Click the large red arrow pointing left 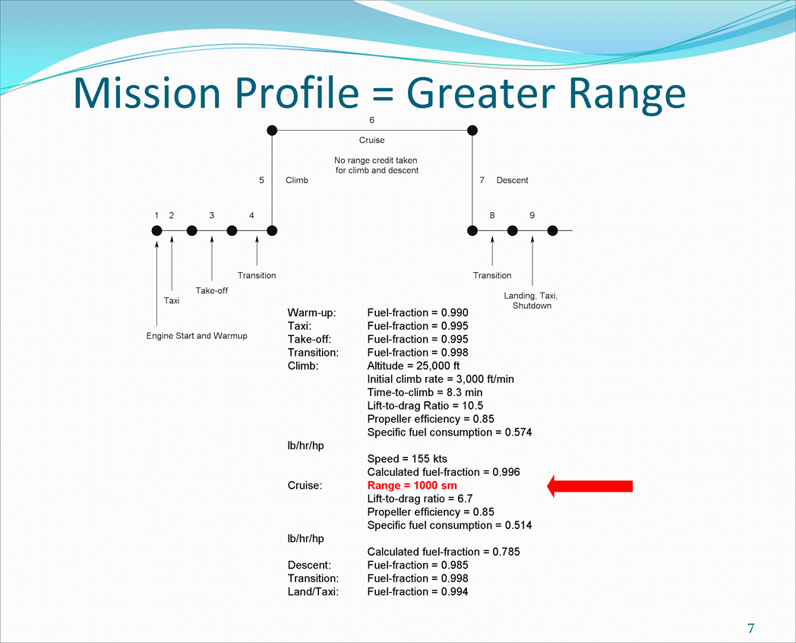pos(590,486)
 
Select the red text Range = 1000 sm pos(412,486)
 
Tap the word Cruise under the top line pos(371,140)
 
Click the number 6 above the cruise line pos(371,120)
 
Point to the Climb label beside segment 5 pos(296,180)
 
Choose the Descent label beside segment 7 pos(512,180)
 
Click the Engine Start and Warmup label pos(197,336)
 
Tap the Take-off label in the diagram pos(212,290)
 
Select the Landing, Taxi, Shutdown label pos(531,301)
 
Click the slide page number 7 pos(751,629)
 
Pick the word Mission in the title pos(147,93)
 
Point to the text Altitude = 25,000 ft pos(413,366)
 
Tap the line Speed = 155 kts pos(407,458)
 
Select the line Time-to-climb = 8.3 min pos(425,392)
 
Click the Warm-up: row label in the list pos(311,312)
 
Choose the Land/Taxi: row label pos(313,592)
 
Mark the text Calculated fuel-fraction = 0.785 pos(444,552)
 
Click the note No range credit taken pos(376,160)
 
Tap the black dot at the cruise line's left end pos(272,131)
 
